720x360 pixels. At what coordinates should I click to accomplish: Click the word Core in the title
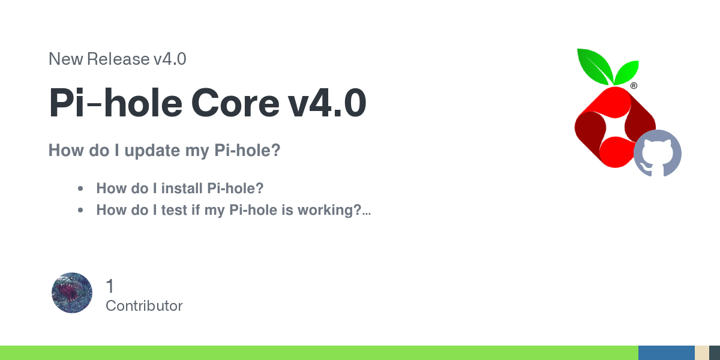(235, 103)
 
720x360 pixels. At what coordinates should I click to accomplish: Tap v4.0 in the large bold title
(327, 103)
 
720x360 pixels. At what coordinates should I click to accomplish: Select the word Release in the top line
(118, 59)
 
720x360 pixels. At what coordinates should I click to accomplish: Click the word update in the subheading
(152, 151)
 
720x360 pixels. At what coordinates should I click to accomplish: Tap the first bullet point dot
(80, 188)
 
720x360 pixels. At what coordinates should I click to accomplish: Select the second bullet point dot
(80, 210)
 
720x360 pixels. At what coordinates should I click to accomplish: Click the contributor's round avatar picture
(72, 293)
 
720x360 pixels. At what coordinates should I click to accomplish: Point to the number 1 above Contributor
(110, 286)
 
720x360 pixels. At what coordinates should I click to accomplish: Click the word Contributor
(144, 306)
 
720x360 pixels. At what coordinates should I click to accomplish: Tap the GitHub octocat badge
(658, 154)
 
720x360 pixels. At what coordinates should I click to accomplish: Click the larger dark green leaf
(595, 66)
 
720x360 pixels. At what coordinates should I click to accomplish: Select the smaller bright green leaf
(627, 73)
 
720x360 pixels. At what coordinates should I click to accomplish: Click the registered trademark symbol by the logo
(634, 86)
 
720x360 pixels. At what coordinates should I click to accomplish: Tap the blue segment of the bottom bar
(667, 353)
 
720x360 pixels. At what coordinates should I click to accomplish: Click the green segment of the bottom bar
(319, 353)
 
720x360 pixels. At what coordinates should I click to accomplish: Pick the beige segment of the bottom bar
(702, 353)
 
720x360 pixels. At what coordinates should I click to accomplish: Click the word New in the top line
(66, 59)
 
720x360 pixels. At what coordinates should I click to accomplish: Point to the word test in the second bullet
(174, 210)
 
